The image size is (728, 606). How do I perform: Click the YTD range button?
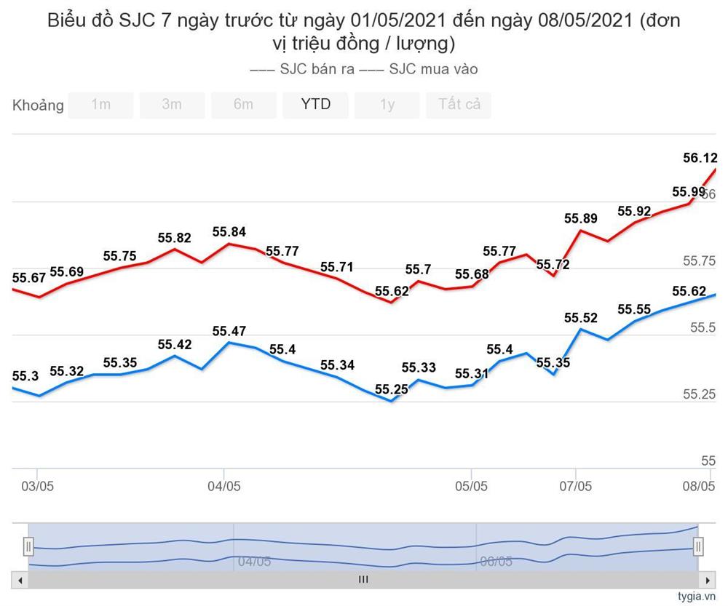[x=315, y=105]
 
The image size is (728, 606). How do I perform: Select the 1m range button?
[x=100, y=105]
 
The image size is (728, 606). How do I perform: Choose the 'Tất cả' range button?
[x=459, y=105]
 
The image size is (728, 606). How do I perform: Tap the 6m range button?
[x=243, y=105]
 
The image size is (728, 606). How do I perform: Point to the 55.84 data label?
[x=229, y=232]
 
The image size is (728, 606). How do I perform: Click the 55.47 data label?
[x=229, y=331]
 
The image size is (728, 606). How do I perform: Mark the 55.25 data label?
[x=392, y=389]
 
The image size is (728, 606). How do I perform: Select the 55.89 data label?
[x=581, y=218]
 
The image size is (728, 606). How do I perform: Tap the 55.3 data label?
[x=25, y=376]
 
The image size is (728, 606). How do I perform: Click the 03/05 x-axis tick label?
[x=37, y=485]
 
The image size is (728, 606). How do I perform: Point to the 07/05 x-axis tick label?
[x=575, y=485]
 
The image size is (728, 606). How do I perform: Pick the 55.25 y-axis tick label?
[x=699, y=394]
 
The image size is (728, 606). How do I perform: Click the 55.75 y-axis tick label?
[x=699, y=260]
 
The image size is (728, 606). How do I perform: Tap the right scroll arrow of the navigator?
[x=705, y=580]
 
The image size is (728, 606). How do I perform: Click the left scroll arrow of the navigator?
[x=20, y=580]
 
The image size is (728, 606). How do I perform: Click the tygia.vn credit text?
[x=697, y=597]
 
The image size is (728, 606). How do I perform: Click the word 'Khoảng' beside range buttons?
[x=38, y=105]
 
